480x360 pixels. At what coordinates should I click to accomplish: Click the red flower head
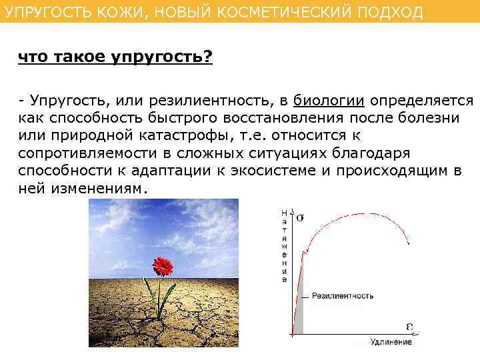162,266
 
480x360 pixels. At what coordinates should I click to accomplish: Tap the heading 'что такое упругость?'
115,58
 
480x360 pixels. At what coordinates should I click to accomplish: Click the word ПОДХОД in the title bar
393,13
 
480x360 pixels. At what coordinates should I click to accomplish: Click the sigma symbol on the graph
301,217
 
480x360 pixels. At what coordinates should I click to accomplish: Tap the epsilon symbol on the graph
410,326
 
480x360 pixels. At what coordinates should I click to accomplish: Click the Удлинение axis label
391,342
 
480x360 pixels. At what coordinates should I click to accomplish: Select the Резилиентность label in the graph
343,295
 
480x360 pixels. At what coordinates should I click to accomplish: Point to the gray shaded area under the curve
299,313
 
